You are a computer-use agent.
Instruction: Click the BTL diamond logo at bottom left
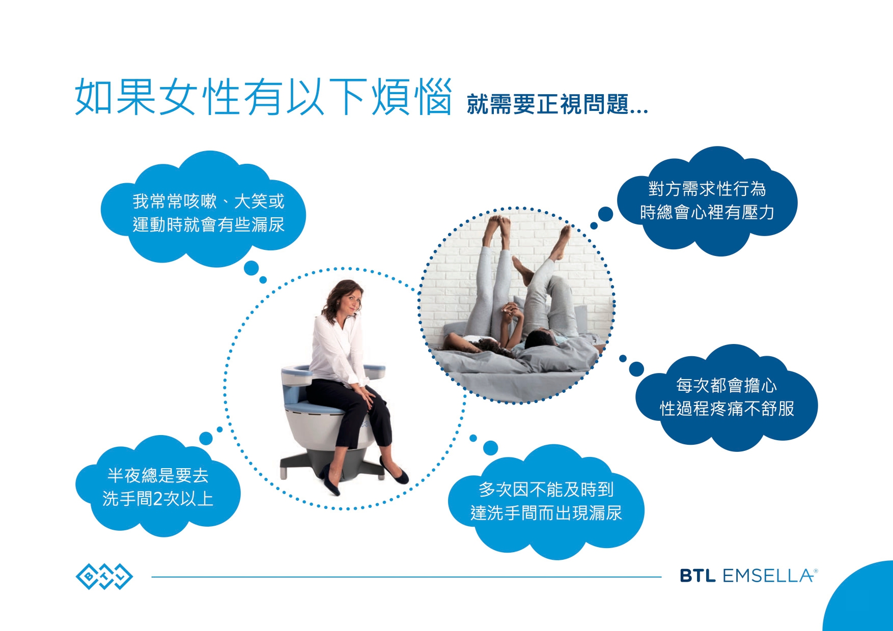(104, 576)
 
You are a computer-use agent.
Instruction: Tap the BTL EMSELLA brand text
(746, 576)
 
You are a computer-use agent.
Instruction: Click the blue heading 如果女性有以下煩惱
(263, 97)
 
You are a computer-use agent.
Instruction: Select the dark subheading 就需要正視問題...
(557, 105)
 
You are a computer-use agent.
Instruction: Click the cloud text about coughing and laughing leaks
(208, 213)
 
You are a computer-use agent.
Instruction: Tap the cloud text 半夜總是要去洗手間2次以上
(158, 487)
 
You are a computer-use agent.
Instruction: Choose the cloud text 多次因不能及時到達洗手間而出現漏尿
(546, 501)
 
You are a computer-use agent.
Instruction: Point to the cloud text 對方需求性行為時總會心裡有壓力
(707, 200)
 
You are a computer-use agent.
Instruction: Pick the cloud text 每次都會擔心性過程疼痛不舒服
(727, 397)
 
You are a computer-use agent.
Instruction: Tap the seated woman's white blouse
(336, 351)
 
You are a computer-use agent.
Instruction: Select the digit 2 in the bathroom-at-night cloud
(158, 499)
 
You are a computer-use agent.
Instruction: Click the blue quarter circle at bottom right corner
(860, 597)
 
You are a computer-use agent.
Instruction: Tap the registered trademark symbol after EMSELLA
(816, 571)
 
